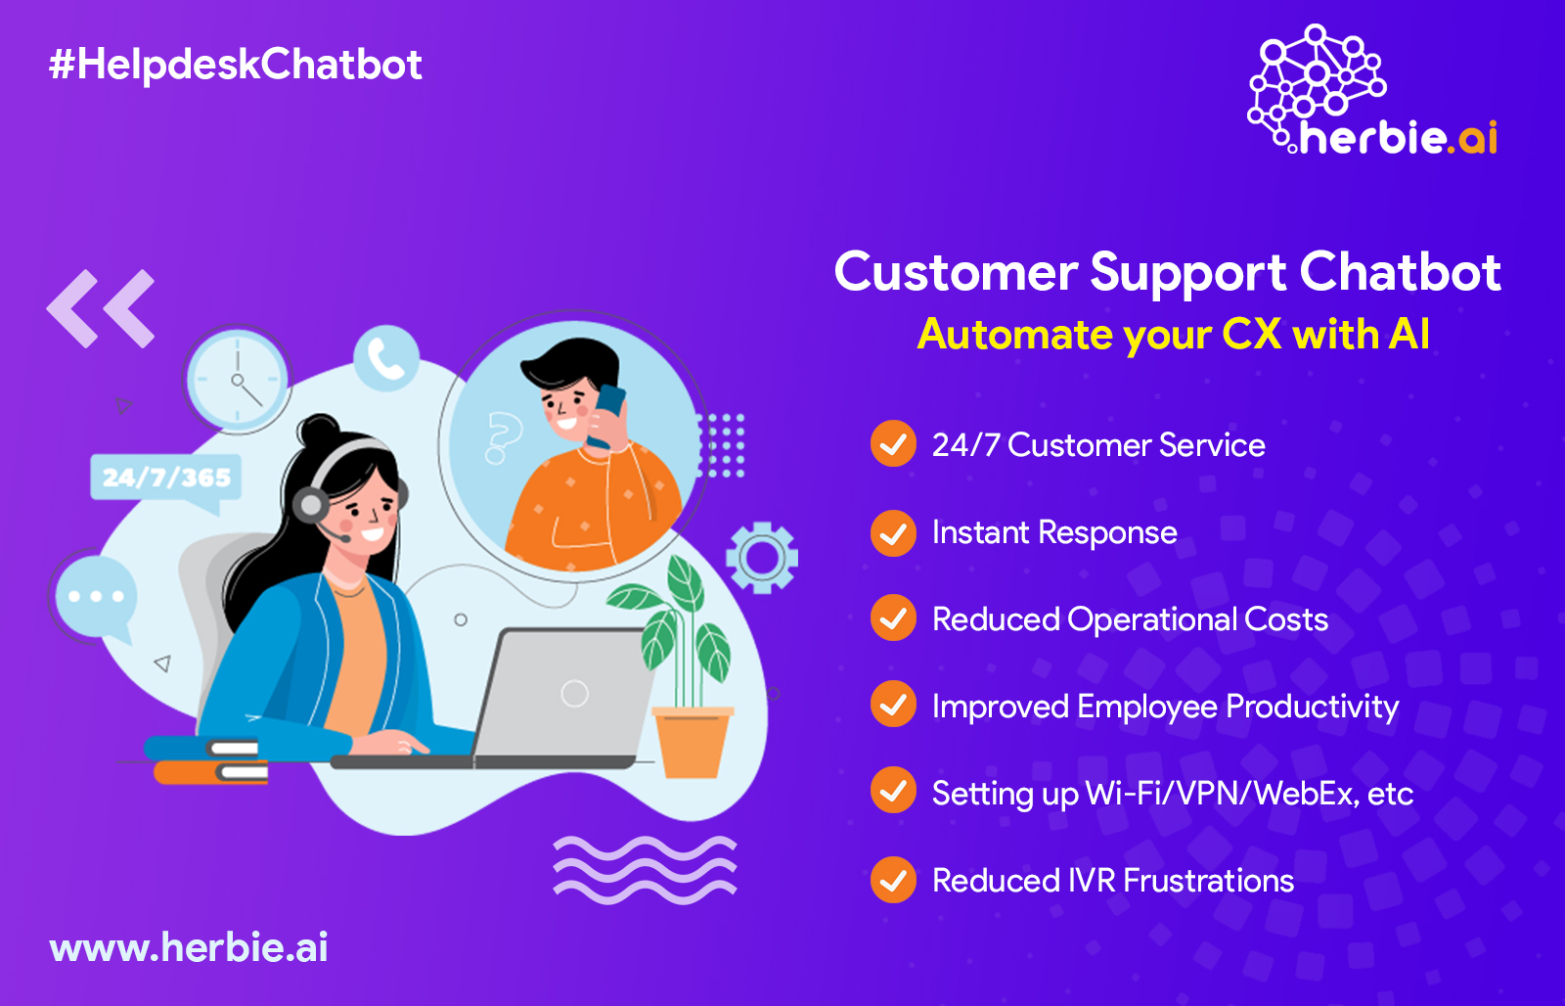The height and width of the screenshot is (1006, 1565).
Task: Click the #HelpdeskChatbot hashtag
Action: point(236,65)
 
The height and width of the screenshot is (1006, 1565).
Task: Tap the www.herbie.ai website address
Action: point(189,947)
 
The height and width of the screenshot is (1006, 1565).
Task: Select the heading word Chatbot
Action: point(1400,272)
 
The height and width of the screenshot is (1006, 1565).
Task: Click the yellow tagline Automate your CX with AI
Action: point(1174,334)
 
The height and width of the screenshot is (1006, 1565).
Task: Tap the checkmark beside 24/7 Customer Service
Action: point(893,443)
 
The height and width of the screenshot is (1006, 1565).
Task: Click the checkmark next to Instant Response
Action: point(893,533)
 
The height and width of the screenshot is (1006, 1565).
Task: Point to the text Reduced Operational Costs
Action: point(1130,619)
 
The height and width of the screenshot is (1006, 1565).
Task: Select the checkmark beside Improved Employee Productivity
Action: point(893,704)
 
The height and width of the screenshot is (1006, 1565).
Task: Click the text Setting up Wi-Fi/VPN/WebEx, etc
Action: point(1173,794)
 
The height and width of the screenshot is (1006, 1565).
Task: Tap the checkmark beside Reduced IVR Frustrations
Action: point(893,880)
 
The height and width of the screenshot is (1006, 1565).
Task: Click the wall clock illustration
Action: point(238,380)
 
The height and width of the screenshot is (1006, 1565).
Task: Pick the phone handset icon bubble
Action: point(386,359)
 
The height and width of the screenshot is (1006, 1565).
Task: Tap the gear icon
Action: point(762,558)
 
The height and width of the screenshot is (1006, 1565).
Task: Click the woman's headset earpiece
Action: point(310,504)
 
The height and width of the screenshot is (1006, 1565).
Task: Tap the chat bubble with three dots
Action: point(97,598)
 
